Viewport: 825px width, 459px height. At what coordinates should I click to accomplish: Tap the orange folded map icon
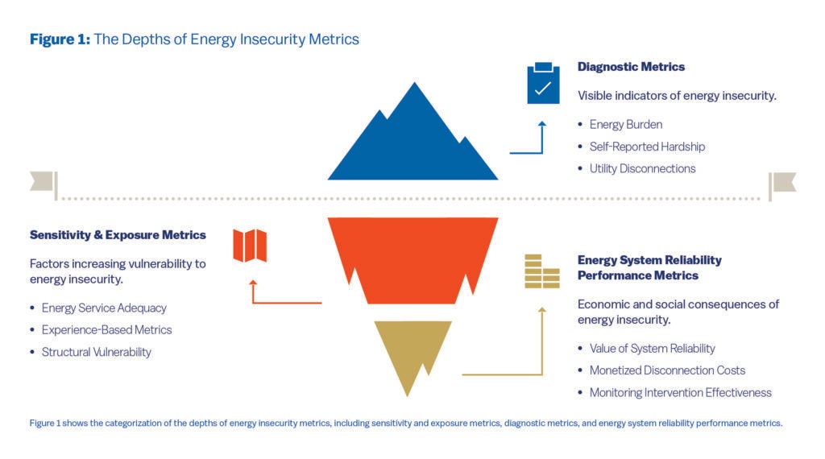[x=250, y=246]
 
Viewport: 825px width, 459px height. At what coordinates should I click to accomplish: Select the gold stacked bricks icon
[x=541, y=271]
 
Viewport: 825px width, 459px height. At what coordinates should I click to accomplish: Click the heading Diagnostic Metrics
[x=631, y=67]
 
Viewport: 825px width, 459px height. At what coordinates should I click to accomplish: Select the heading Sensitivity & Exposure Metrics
[x=118, y=235]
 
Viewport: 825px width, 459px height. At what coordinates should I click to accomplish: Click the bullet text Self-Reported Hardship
[x=647, y=147]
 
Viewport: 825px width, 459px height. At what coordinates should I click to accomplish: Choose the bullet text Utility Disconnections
[x=642, y=168]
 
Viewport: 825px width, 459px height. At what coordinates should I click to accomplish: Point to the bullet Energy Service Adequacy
[x=104, y=308]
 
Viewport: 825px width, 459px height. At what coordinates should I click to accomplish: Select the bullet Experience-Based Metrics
[x=106, y=329]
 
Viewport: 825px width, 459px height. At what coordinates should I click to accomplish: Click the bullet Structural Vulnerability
[x=96, y=352]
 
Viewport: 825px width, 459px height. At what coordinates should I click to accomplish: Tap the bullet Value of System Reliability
[x=652, y=349]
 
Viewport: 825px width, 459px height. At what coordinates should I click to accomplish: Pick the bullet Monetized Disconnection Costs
[x=667, y=370]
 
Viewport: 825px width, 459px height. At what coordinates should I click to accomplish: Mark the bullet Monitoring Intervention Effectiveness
[x=680, y=393]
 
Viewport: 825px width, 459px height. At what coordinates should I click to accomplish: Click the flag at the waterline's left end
[x=43, y=184]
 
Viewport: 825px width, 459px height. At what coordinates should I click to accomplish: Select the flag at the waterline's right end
[x=782, y=184]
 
